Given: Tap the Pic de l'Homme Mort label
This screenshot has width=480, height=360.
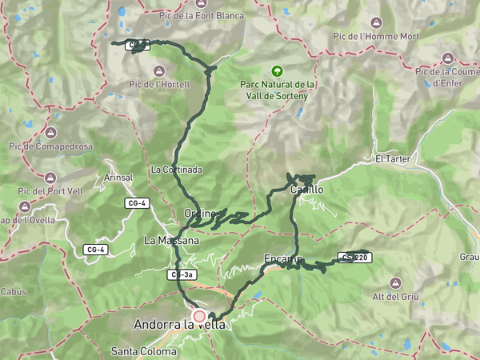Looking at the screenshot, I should [x=376, y=37].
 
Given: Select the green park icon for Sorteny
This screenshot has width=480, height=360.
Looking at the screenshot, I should [x=277, y=70].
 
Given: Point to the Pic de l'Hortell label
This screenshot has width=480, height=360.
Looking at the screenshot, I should [x=159, y=84].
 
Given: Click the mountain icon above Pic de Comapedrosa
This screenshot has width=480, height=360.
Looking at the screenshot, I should [x=51, y=132].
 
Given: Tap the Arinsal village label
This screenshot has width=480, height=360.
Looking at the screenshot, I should [x=118, y=177].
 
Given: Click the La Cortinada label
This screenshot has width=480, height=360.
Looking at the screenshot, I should [x=176, y=170].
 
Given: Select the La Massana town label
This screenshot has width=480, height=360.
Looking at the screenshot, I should [x=166, y=240].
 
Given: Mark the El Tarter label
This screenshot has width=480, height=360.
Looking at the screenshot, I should [x=392, y=159].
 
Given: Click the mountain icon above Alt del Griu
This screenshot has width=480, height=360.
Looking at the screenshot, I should [x=395, y=282].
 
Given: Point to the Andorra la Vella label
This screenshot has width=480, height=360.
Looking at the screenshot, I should [x=180, y=325].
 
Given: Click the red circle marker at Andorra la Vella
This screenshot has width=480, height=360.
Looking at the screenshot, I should [x=199, y=316].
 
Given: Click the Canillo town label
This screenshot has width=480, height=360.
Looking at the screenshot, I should [x=306, y=190].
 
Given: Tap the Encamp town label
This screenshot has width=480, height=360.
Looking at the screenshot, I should [x=282, y=258].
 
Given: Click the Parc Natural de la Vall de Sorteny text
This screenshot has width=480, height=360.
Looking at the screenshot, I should [x=277, y=90].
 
